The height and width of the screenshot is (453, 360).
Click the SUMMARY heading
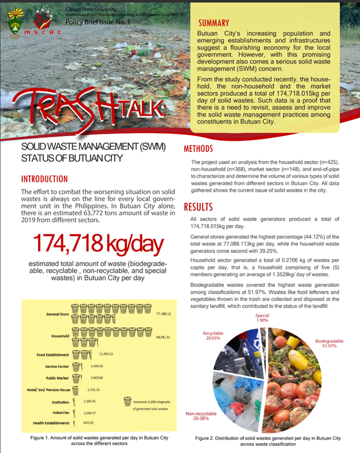pyautogui.click(x=213, y=24)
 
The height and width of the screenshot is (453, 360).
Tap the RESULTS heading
pyautogui.click(x=199, y=207)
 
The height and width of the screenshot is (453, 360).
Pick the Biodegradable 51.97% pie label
pyautogui.click(x=329, y=344)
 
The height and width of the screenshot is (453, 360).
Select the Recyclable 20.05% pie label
pyautogui.click(x=216, y=337)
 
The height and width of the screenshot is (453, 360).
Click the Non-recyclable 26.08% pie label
pyautogui.click(x=200, y=416)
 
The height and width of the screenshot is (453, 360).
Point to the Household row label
pyautogui.click(x=60, y=336)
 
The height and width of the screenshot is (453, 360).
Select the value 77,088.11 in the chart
pyautogui.click(x=164, y=313)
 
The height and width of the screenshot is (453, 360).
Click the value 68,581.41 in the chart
pyautogui.click(x=164, y=336)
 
